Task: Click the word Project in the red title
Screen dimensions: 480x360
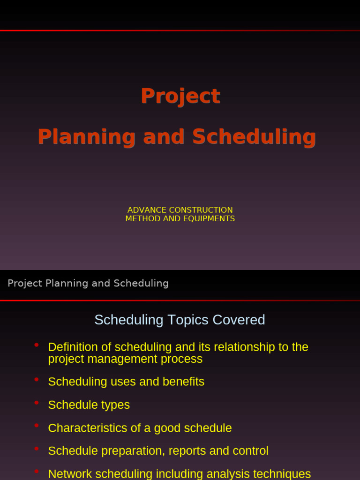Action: click(x=180, y=97)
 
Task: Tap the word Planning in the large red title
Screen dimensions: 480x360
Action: click(x=86, y=137)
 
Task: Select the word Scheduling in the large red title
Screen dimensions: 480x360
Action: click(x=254, y=137)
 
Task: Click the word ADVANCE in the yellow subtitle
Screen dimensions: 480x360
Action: click(x=147, y=210)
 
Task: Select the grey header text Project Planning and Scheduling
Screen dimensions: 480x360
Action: click(x=88, y=283)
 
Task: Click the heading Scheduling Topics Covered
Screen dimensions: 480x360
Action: click(x=180, y=320)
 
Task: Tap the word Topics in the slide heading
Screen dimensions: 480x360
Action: click(x=191, y=320)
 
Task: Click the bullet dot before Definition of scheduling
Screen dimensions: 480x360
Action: click(x=37, y=345)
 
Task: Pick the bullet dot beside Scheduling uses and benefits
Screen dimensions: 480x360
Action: click(x=37, y=380)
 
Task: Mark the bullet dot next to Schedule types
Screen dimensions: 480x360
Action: click(x=37, y=403)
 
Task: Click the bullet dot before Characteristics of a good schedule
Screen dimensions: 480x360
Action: click(x=37, y=426)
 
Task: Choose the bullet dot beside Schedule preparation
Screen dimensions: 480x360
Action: click(x=37, y=449)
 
